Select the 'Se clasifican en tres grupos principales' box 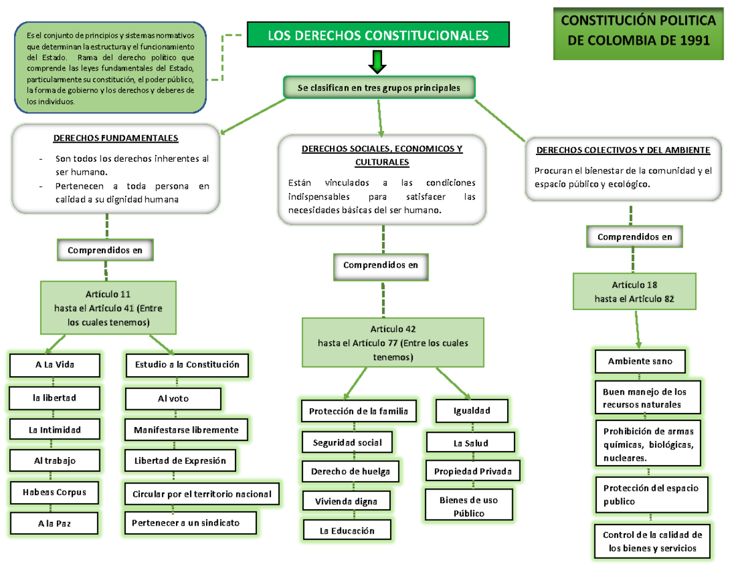click(378, 88)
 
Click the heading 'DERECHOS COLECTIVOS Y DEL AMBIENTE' click(623, 150)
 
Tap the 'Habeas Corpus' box click(53, 491)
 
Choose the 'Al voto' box click(173, 399)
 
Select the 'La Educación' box click(347, 531)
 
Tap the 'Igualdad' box click(472, 411)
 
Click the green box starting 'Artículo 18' click(635, 292)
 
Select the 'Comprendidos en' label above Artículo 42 click(380, 265)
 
